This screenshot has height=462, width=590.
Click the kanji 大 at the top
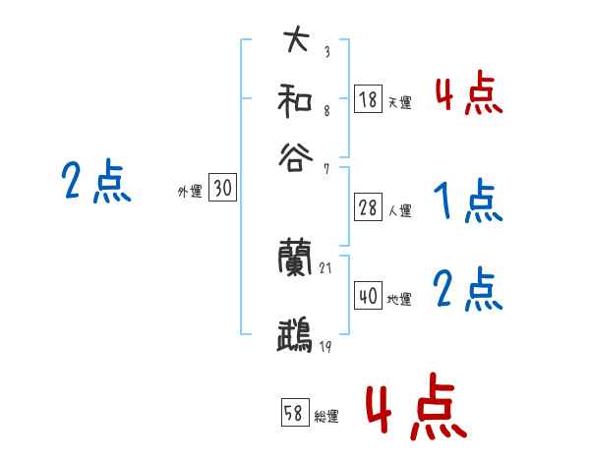pyautogui.click(x=296, y=41)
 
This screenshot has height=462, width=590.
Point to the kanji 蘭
pyautogui.click(x=296, y=259)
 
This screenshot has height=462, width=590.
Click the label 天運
pyautogui.click(x=399, y=102)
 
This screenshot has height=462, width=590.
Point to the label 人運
pyautogui.click(x=399, y=210)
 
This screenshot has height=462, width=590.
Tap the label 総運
pyautogui.click(x=326, y=417)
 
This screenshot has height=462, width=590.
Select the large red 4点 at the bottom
pyautogui.click(x=417, y=406)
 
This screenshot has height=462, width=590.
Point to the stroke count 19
pyautogui.click(x=326, y=347)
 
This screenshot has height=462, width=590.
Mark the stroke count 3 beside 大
pyautogui.click(x=326, y=52)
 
